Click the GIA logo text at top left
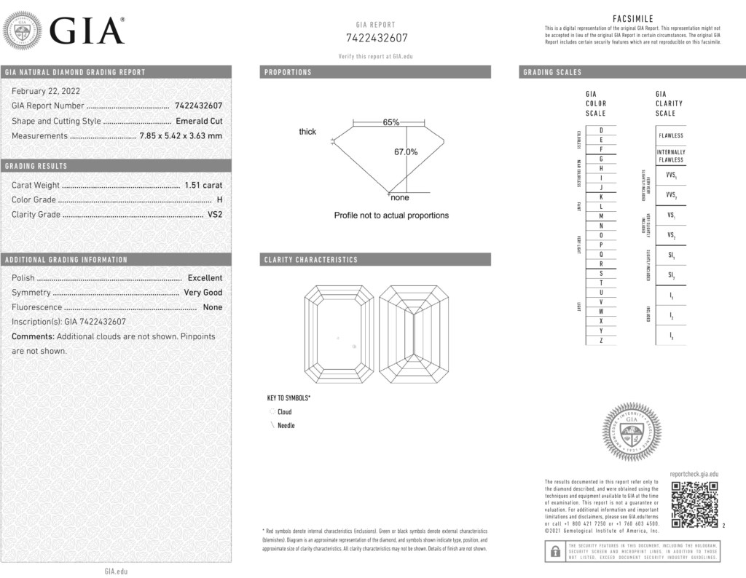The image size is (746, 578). click(x=87, y=31)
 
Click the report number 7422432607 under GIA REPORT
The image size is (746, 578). click(x=376, y=38)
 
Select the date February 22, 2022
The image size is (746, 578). click(x=46, y=91)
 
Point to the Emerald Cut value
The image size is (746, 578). click(x=199, y=121)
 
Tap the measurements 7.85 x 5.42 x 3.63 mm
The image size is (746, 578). click(x=181, y=135)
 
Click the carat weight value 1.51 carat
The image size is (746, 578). click(x=203, y=185)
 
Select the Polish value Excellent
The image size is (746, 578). click(x=205, y=277)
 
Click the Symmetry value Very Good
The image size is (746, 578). click(x=203, y=292)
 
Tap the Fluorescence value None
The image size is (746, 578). click(x=213, y=307)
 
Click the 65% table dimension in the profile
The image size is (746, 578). click(x=391, y=122)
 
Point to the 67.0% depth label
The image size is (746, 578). click(x=406, y=152)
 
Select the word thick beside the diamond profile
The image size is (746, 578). click(x=307, y=132)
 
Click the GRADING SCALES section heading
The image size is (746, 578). click(x=552, y=72)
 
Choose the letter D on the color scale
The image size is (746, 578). click(x=600, y=130)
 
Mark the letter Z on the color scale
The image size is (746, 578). click(x=600, y=340)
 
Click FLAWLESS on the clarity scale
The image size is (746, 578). click(x=671, y=135)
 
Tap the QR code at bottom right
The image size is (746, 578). click(x=694, y=504)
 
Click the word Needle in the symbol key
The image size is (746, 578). click(x=286, y=425)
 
